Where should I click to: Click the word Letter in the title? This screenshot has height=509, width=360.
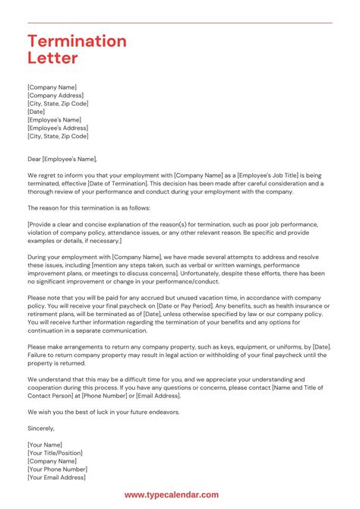click(x=52, y=58)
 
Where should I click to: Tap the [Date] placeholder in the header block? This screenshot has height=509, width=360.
click(x=36, y=112)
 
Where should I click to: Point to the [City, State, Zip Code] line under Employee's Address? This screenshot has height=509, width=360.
click(x=58, y=136)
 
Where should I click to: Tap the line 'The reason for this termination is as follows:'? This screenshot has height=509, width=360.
click(x=89, y=207)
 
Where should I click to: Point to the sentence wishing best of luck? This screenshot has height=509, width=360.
click(x=109, y=411)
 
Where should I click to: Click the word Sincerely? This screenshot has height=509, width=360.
click(x=43, y=428)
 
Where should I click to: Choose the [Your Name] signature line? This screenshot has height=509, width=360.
click(x=45, y=444)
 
